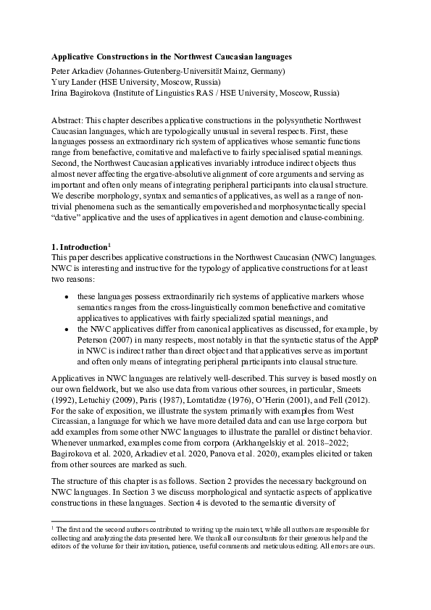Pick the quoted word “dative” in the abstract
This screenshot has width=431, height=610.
click(x=67, y=219)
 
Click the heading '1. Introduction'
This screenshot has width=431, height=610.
click(x=78, y=248)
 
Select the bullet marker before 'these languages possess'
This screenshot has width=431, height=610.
click(x=67, y=297)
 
